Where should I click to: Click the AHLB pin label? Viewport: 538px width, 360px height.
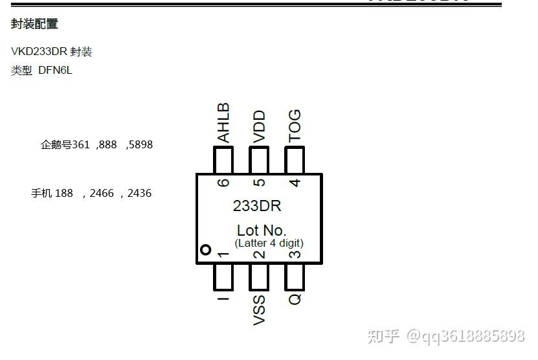click(223, 123)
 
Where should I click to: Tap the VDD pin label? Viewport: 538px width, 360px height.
click(259, 126)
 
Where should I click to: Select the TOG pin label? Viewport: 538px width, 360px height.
click(295, 126)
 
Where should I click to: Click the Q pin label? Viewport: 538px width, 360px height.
click(295, 299)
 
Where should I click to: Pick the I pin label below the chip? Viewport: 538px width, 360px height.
click(223, 299)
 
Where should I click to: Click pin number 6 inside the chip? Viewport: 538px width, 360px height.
click(223, 183)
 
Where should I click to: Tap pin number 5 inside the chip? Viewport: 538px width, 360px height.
click(259, 183)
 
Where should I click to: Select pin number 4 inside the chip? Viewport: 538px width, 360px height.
click(295, 183)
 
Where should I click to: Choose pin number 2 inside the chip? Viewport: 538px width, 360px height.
click(259, 254)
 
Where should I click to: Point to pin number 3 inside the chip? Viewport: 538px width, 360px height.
click(295, 254)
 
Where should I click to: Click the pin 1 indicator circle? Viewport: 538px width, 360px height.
click(206, 250)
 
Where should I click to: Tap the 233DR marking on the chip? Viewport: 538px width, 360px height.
click(257, 207)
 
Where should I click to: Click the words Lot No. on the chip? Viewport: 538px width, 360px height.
click(262, 230)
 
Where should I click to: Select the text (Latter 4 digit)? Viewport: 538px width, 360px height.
click(269, 243)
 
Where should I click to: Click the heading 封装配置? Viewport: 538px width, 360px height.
click(34, 24)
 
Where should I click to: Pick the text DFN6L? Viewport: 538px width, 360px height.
click(55, 70)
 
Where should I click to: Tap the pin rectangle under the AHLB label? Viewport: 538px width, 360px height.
click(223, 160)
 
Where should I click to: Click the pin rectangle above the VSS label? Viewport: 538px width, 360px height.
click(259, 276)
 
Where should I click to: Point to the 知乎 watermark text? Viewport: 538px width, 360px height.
click(383, 336)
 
